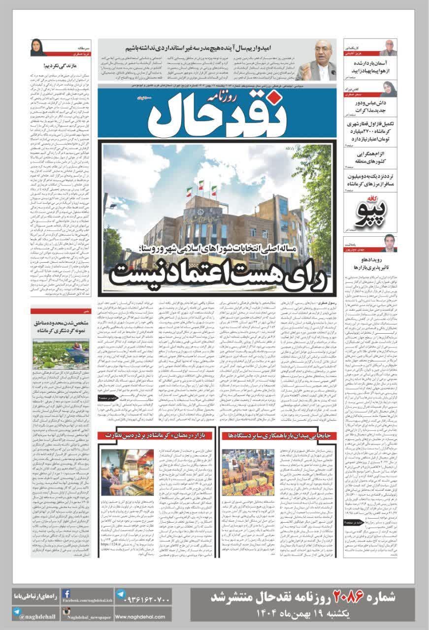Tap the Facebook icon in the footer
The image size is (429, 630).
click(66, 594)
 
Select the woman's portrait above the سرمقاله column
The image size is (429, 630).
click(39, 48)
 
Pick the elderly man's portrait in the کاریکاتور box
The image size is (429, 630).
click(389, 48)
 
